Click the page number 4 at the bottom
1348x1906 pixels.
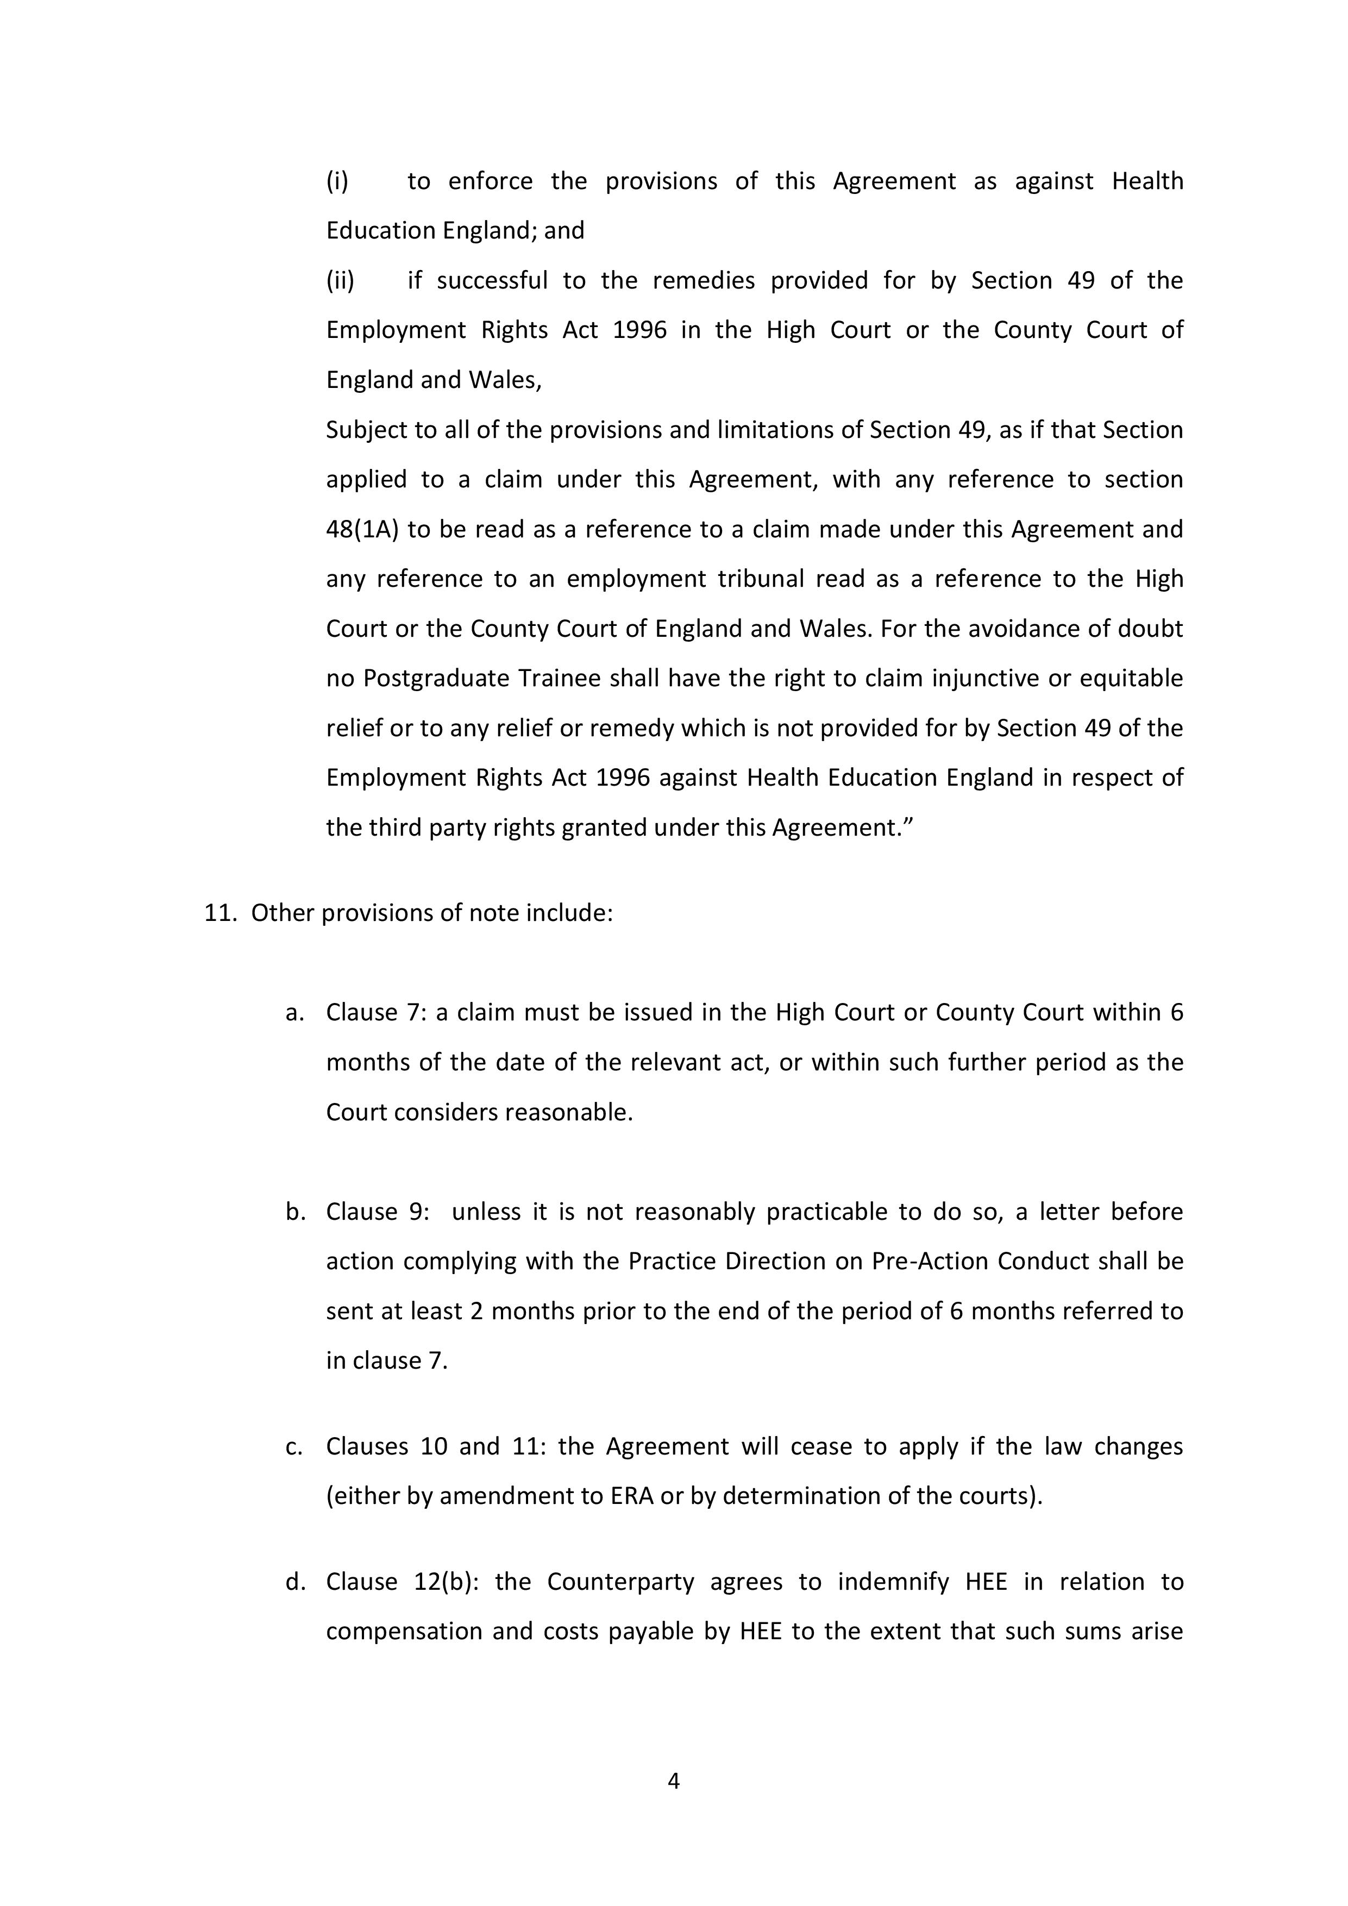pyautogui.click(x=673, y=1780)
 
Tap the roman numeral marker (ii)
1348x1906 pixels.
pyautogui.click(x=340, y=280)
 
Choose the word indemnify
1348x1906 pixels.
pyautogui.click(x=893, y=1582)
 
